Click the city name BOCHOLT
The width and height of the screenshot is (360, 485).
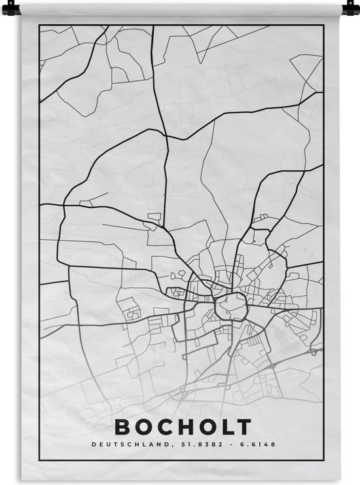183,427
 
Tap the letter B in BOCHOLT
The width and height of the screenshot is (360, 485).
122,427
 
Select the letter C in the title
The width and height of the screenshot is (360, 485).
164,427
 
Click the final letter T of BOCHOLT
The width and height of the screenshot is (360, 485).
243,427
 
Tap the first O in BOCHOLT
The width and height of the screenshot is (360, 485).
143,427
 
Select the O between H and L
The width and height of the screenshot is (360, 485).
206,427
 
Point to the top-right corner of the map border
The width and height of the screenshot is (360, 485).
323,26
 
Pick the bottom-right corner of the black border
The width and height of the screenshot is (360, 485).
323,461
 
